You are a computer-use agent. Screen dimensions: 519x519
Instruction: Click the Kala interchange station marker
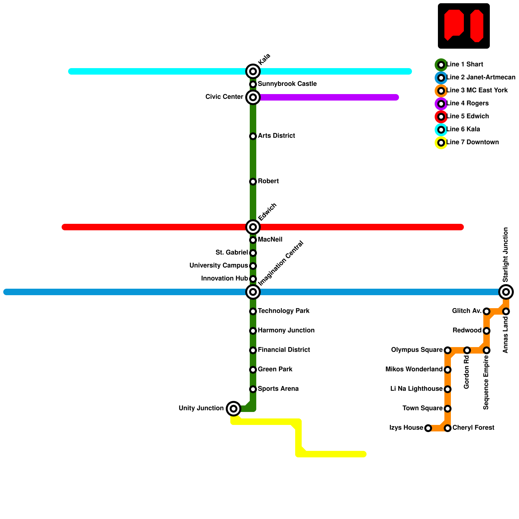253,71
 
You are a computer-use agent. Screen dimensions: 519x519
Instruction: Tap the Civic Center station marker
253,97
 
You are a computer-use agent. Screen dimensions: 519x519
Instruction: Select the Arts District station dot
253,136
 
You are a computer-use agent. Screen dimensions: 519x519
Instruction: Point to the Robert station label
268,181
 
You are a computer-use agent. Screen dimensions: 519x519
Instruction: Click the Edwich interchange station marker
253,227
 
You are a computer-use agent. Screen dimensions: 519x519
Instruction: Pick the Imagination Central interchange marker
253,292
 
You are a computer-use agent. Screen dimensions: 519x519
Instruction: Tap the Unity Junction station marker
234,409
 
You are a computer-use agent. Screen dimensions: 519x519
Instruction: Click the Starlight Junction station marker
506,292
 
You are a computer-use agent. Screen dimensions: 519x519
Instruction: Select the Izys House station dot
428,428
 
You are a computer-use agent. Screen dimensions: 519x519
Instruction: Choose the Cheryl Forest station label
473,428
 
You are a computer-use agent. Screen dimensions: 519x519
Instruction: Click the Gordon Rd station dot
467,350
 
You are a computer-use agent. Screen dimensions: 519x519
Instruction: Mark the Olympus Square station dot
448,350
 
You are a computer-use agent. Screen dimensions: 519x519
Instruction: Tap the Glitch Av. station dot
487,311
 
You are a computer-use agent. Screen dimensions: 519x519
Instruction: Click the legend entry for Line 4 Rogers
467,103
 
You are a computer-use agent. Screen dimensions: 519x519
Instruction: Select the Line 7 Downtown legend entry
472,142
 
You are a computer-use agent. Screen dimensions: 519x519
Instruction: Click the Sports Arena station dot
253,389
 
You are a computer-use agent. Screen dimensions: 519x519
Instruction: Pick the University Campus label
219,266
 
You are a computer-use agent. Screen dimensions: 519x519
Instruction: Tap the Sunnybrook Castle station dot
253,84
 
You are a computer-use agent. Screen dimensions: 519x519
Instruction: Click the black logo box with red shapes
464,26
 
